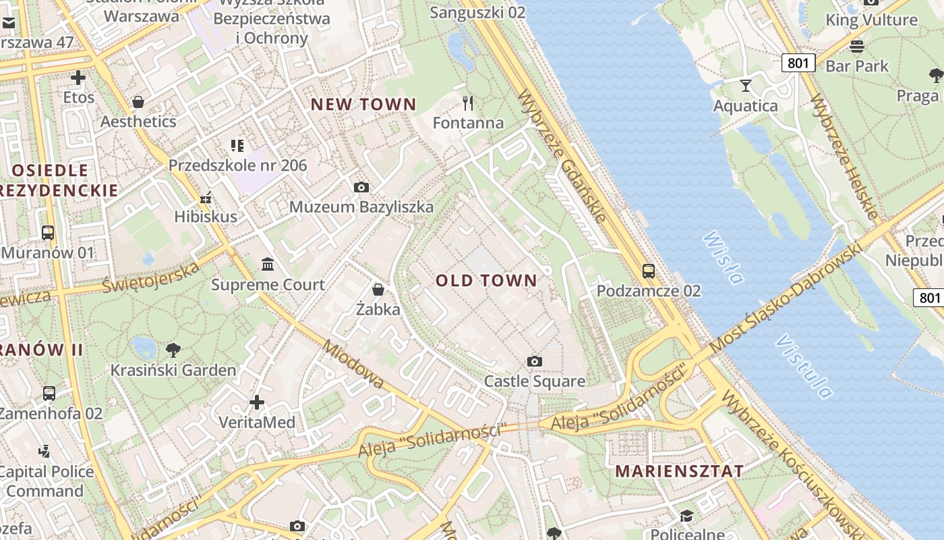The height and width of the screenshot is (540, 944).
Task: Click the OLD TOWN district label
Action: click(x=486, y=281)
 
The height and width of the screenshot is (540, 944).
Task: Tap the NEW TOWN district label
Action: click(x=363, y=105)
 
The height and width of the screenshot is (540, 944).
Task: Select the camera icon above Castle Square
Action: click(x=535, y=362)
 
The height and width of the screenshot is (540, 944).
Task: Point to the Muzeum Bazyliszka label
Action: click(x=361, y=207)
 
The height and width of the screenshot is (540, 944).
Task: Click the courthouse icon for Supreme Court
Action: click(x=268, y=263)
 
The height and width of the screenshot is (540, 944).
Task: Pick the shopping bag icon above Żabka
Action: click(x=378, y=290)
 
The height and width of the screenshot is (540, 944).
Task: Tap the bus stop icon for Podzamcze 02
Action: click(x=649, y=271)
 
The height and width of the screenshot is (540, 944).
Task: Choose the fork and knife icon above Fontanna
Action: click(x=468, y=103)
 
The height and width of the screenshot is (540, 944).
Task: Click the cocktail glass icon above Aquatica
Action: click(x=746, y=86)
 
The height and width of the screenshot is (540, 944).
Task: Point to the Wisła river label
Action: click(x=723, y=257)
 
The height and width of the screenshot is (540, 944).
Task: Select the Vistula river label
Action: click(x=804, y=365)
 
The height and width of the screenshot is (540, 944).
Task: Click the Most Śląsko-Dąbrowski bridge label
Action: click(x=786, y=298)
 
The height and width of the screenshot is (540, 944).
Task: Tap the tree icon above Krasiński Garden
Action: click(x=173, y=350)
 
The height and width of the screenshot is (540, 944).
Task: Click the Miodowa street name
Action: click(x=353, y=364)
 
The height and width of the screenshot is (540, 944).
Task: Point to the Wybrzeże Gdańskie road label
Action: click(x=563, y=155)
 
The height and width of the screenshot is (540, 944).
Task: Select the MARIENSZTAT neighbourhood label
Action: click(x=679, y=471)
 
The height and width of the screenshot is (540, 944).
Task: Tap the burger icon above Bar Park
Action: click(x=857, y=47)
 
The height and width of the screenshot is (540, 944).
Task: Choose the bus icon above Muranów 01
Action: click(x=48, y=233)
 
